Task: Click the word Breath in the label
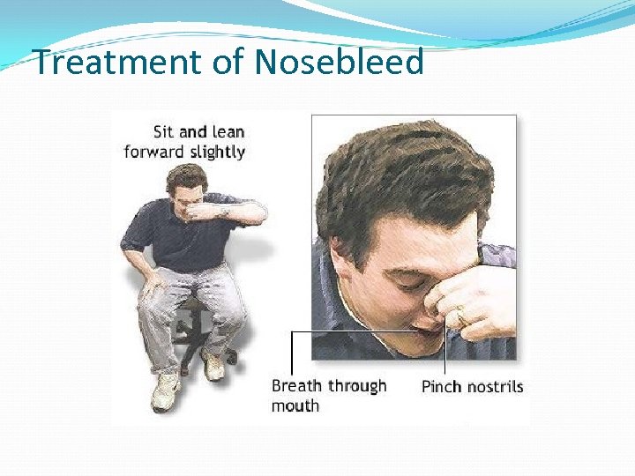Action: (x=297, y=386)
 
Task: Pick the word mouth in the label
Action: (x=295, y=405)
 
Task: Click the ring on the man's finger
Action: (x=459, y=313)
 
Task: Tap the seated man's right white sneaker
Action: (x=165, y=390)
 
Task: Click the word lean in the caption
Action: (x=228, y=131)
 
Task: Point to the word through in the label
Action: (x=357, y=386)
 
